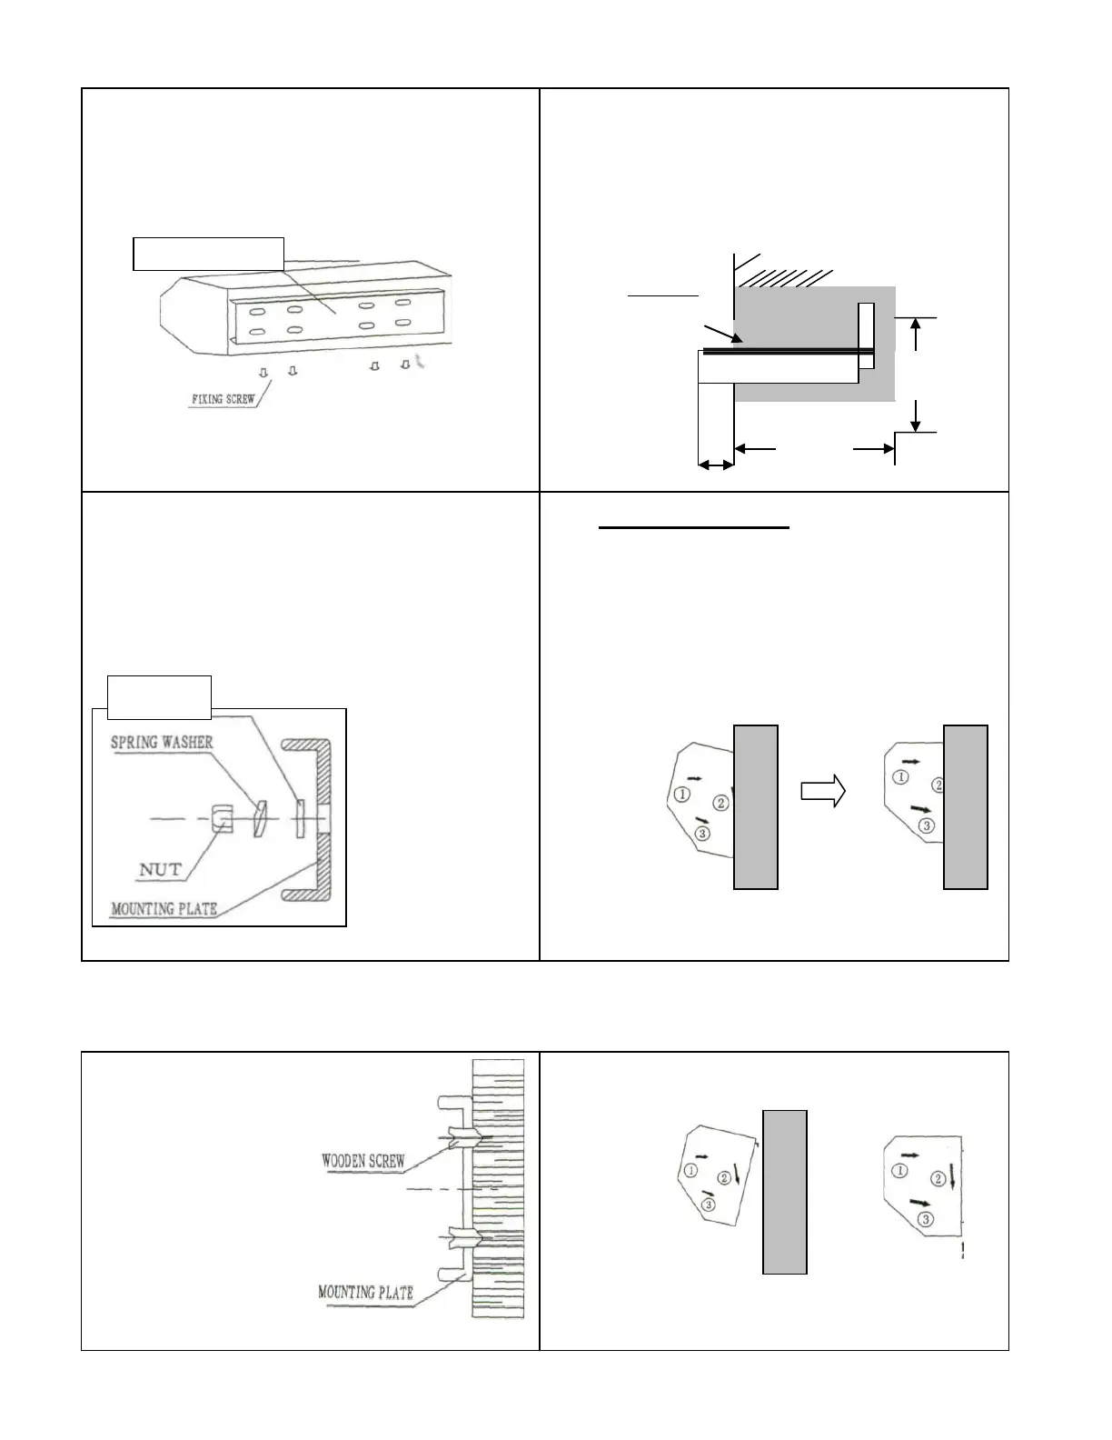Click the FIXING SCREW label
(x=223, y=400)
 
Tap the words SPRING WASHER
(x=162, y=742)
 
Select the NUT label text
(x=159, y=870)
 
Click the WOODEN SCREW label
(x=363, y=1161)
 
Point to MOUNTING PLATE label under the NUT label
(x=164, y=907)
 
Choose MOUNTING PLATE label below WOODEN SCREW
(x=365, y=1292)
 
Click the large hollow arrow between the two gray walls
(x=823, y=791)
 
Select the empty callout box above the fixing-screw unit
(x=209, y=254)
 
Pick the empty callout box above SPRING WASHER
(x=160, y=697)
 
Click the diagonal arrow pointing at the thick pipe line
(x=720, y=335)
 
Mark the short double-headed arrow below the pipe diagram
(x=716, y=465)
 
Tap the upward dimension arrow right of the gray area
(x=918, y=333)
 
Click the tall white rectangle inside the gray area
(x=866, y=335)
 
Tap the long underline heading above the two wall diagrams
(x=694, y=526)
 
